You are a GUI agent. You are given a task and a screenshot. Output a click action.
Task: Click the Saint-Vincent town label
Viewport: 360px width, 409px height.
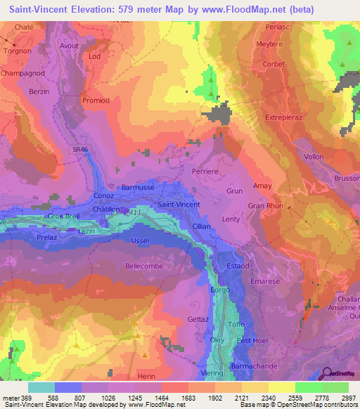pos(178,204)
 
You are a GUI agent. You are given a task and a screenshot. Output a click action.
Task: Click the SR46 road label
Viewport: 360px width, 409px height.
pos(82,150)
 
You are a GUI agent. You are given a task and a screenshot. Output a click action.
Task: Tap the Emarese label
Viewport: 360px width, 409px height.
pos(264,281)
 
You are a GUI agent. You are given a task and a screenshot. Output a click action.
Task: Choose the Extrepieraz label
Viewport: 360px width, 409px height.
pos(286,117)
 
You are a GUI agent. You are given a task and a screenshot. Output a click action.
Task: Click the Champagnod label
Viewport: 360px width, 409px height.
pos(23,72)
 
